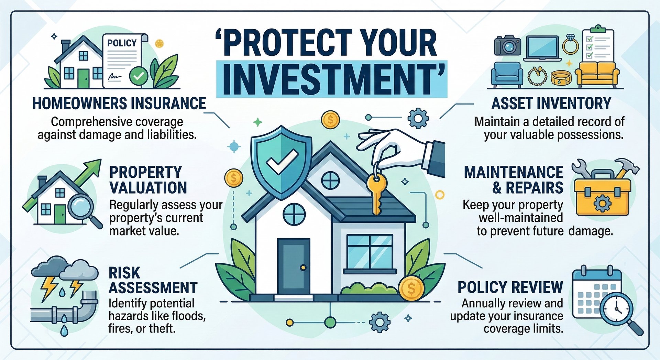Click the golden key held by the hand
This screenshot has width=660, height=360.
tap(376, 194)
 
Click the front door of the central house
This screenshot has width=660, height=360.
tap(294, 266)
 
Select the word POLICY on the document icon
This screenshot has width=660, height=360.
tap(122, 43)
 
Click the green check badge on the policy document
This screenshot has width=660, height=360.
tap(139, 76)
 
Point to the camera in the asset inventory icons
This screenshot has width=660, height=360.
tap(507, 45)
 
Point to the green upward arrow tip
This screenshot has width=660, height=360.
tap(101, 160)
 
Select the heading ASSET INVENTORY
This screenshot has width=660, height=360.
tap(551, 103)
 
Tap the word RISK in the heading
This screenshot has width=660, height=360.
tap(124, 273)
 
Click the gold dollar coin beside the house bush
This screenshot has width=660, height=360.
tap(411, 288)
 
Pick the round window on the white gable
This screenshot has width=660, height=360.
tap(330, 180)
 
